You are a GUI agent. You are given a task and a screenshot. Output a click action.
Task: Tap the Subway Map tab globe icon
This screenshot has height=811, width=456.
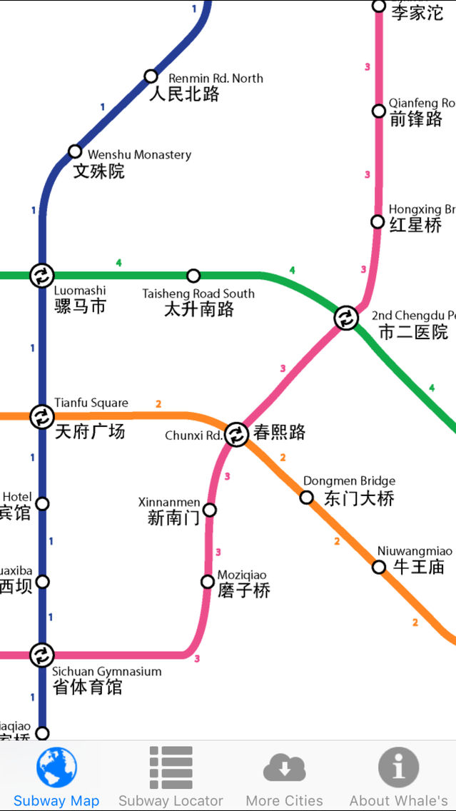coord(56,767)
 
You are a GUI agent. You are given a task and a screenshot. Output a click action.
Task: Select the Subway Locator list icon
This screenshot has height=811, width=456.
coord(171,767)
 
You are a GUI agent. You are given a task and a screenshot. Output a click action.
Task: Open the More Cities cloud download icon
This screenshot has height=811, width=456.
coord(284,768)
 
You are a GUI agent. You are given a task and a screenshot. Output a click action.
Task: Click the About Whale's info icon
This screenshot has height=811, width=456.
coord(398,767)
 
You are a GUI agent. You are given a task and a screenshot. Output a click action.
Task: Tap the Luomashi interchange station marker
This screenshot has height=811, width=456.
coord(41,275)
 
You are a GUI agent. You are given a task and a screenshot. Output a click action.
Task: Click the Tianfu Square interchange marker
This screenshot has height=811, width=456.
coord(41,416)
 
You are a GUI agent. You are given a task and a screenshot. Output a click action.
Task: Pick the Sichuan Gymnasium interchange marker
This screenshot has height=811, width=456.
coord(41,654)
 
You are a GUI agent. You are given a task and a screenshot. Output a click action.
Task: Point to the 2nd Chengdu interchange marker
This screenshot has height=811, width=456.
coord(346,318)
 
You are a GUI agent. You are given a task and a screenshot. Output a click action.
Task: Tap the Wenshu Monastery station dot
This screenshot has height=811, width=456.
coord(75,151)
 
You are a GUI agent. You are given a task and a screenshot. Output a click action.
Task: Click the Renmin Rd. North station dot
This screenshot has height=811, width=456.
coord(151,76)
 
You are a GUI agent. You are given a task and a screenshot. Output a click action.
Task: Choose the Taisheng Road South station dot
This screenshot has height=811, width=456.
coord(193,276)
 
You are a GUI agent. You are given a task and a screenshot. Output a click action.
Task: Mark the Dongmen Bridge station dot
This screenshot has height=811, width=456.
coord(306,498)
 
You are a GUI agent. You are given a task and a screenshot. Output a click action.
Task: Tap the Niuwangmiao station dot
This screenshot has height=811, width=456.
coord(379,567)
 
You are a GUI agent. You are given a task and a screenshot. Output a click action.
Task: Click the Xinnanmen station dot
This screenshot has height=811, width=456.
coord(210,510)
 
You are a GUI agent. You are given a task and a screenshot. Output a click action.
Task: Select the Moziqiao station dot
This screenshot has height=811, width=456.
coord(208,582)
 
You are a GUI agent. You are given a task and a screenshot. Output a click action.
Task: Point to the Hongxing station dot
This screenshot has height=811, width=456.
coord(378,222)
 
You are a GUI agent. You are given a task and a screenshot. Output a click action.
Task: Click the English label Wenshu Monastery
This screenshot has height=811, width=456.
coord(139,154)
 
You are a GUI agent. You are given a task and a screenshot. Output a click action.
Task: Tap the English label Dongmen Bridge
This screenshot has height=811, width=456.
coord(349,481)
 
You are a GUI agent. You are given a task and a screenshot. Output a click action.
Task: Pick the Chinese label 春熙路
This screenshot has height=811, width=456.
coord(279,432)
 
